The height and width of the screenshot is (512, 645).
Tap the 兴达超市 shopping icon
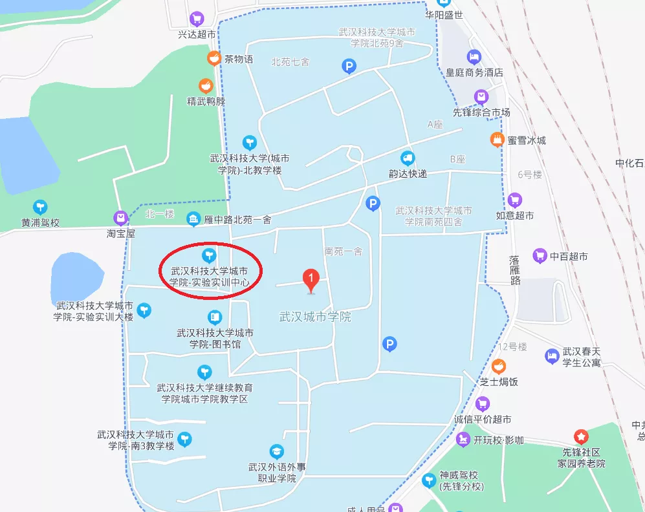pyautogui.click(x=197, y=18)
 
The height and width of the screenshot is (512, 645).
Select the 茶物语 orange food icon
pyautogui.click(x=213, y=59)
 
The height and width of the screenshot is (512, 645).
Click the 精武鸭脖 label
pyautogui.click(x=206, y=101)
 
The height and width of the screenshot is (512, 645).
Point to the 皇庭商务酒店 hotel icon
pyautogui.click(x=474, y=57)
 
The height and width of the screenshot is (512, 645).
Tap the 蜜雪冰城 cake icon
pyautogui.click(x=496, y=139)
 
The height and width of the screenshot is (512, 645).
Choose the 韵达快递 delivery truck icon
pyautogui.click(x=408, y=158)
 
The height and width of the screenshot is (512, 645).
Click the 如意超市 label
pyautogui.click(x=515, y=215)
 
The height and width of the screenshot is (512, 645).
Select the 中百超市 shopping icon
pyautogui.click(x=540, y=256)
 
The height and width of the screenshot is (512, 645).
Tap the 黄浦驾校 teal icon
pyautogui.click(x=40, y=207)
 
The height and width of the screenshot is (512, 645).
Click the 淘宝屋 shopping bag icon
pyautogui.click(x=120, y=218)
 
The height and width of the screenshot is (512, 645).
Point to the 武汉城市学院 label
pyautogui.click(x=315, y=317)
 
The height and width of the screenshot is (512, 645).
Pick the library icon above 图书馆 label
pyautogui.click(x=215, y=317)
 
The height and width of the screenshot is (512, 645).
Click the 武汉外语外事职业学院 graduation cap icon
pyautogui.click(x=276, y=451)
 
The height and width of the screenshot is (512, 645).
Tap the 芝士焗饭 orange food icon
pyautogui.click(x=498, y=367)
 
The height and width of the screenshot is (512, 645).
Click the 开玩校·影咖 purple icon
pyautogui.click(x=463, y=440)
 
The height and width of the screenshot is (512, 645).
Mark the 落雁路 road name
pyautogui.click(x=514, y=270)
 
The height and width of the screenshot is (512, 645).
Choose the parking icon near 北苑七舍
pyautogui.click(x=349, y=65)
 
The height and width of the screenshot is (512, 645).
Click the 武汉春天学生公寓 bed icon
pyautogui.click(x=551, y=355)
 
